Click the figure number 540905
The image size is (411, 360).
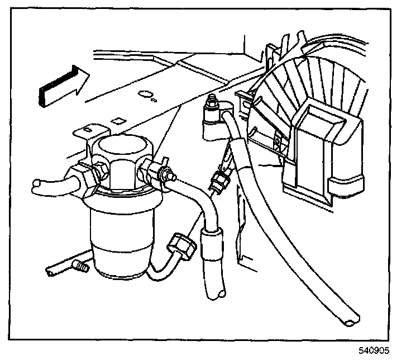point(374,350)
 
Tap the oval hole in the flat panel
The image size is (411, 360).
point(145,94)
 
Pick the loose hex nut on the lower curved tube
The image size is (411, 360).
point(181,247)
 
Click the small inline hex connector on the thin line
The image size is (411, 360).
point(220,180)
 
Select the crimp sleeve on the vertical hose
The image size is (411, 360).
point(212,244)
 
